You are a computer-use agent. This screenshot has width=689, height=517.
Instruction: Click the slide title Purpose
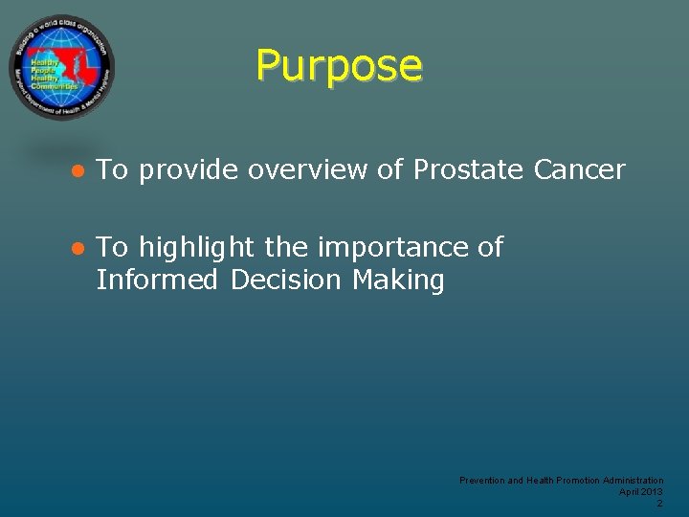coord(339,66)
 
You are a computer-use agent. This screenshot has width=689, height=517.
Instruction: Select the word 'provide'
coord(189,171)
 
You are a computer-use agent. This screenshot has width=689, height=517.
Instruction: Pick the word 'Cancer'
coord(579,170)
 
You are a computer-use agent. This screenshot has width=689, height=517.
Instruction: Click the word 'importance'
coord(393,248)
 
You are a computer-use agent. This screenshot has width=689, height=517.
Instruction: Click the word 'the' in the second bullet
coord(286,248)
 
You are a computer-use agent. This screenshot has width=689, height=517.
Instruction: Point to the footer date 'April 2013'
coord(641,491)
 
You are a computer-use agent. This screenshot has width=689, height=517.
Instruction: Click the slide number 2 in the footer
coord(659,503)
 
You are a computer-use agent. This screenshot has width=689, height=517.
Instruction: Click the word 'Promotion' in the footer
coord(579,480)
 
